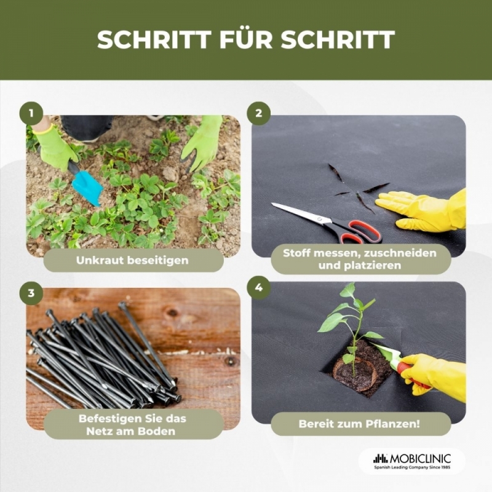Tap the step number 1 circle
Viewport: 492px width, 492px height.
coord(31,113)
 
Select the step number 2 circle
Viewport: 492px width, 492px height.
coord(258,113)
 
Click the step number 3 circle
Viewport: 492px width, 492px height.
coord(31,293)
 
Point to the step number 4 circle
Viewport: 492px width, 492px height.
coord(258,287)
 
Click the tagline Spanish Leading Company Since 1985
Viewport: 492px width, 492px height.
coord(412,467)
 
